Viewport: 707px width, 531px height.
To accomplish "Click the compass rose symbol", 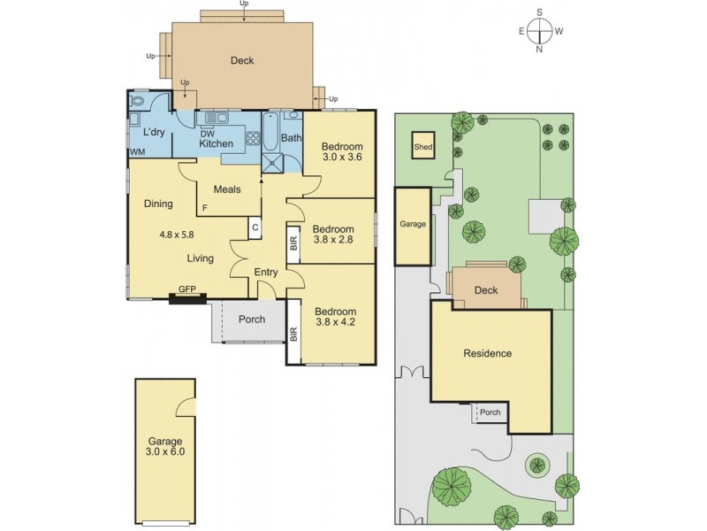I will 540,31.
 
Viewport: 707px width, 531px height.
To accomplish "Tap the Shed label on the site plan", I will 424,148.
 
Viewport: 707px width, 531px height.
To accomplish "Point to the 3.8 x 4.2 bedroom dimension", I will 335,322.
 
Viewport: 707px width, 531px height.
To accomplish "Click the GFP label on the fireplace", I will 186,289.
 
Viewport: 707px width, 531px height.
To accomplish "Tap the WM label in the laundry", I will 137,152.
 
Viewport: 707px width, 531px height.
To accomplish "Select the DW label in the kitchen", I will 207,133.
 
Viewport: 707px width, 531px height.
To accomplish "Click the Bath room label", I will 291,138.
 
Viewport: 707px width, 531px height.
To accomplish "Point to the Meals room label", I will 227,189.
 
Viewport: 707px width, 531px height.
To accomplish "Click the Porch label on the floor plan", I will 252,319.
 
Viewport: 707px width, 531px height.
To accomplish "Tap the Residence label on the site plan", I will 488,354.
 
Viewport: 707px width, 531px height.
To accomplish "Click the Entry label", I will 266,272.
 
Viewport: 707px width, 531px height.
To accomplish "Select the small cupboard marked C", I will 254,227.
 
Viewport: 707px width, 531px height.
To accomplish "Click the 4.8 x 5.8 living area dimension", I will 176,235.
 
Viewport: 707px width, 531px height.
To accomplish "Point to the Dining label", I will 157,204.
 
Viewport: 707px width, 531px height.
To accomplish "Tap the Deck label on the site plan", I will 486,290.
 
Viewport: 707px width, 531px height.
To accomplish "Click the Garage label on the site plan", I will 413,224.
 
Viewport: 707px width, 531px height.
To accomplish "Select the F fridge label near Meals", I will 204,208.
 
